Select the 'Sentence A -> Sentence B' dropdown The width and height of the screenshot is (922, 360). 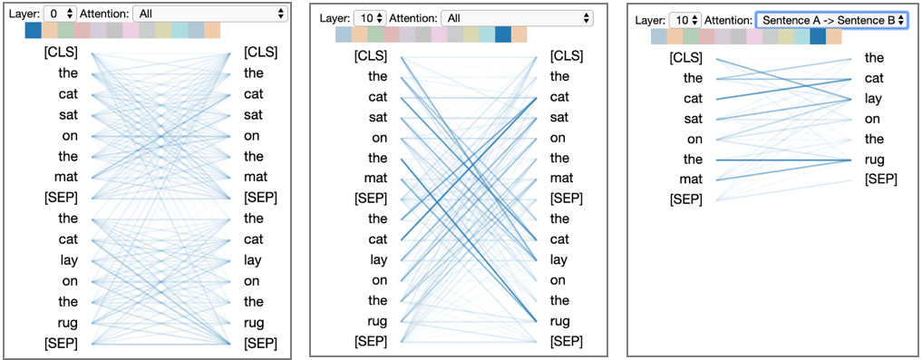tap(831, 20)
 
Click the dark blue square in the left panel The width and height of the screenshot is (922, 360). tap(34, 31)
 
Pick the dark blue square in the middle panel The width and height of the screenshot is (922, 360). tap(502, 35)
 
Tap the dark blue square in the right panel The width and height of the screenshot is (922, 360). tap(818, 36)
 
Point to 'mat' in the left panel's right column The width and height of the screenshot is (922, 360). tap(254, 177)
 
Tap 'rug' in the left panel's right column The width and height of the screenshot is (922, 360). tap(254, 322)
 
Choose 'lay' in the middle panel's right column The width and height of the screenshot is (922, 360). tap(560, 259)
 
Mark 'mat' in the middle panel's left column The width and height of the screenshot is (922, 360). tap(375, 178)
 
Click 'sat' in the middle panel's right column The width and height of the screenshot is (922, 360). tap(560, 117)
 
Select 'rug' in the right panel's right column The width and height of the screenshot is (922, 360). tap(875, 159)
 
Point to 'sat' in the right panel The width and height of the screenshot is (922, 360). tap(693, 118)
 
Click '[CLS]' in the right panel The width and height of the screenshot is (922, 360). tap(685, 58)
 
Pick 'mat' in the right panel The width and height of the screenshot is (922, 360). tap(691, 179)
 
